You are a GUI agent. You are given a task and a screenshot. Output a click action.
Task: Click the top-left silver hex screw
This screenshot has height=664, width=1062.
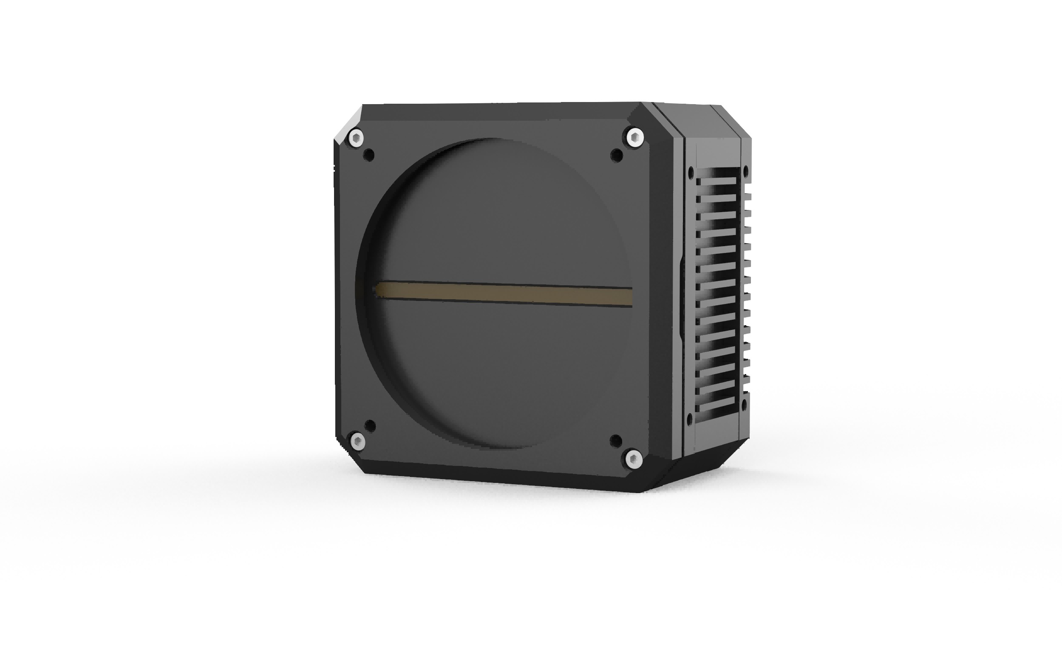click(357, 139)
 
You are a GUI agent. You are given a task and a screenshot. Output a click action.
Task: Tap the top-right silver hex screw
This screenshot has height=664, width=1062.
click(634, 138)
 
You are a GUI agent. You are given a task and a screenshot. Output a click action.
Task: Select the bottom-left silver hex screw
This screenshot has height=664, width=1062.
click(357, 442)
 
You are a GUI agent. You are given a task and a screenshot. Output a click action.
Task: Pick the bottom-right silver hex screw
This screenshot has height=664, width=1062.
click(634, 460)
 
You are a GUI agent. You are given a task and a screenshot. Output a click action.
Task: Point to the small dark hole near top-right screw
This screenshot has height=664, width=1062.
click(617, 155)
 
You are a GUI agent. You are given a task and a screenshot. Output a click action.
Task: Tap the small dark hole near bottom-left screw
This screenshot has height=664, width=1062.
click(370, 426)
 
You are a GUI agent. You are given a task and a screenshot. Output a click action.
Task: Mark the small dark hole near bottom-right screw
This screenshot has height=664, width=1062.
click(616, 440)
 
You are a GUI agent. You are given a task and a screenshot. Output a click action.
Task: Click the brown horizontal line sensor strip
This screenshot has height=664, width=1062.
click(505, 293)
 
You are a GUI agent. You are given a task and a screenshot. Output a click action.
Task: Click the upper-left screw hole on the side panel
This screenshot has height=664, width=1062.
click(691, 172)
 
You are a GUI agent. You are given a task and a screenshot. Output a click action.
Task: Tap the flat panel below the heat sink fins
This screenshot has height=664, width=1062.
click(714, 437)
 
